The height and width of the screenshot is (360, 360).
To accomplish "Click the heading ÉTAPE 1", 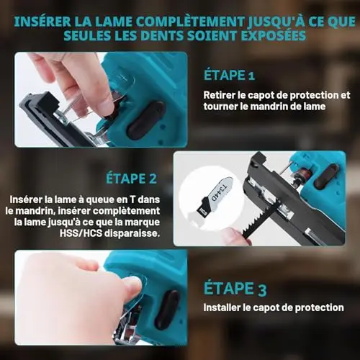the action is pyautogui.click(x=229, y=75).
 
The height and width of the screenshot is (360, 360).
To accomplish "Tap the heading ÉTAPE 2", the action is pyautogui.click(x=132, y=179).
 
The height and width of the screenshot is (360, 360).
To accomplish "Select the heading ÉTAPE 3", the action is pyautogui.click(x=235, y=288).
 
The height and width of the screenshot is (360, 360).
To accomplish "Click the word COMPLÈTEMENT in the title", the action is pyautogui.click(x=191, y=22).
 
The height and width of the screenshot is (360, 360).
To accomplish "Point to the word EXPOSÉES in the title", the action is pyautogui.click(x=274, y=35).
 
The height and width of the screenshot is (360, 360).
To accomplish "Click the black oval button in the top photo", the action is pyautogui.click(x=145, y=120).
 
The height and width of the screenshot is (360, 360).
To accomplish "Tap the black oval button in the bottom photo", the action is pyautogui.click(x=167, y=310).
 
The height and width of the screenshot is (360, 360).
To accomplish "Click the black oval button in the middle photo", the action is pyautogui.click(x=326, y=176).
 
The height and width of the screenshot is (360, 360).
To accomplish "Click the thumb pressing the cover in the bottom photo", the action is pyautogui.click(x=133, y=287).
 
